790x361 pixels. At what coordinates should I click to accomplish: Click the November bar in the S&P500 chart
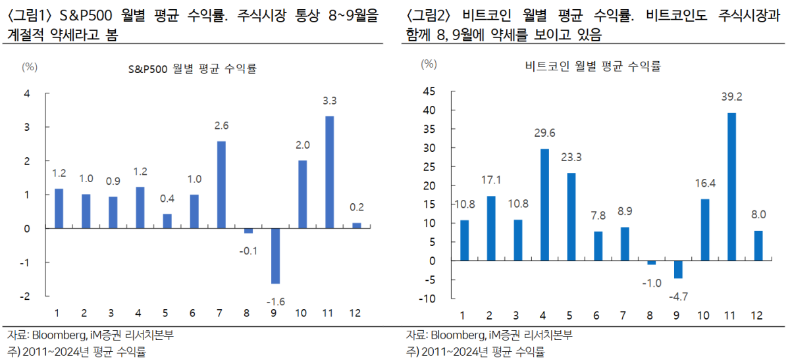pyautogui.click(x=329, y=172)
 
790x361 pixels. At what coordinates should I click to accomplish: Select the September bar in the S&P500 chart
pyautogui.click(x=275, y=256)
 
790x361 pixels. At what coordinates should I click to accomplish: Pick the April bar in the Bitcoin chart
pyautogui.click(x=544, y=205)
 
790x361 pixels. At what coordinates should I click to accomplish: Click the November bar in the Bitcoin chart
pyautogui.click(x=731, y=187)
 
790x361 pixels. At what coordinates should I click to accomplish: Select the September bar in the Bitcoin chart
pyautogui.click(x=678, y=270)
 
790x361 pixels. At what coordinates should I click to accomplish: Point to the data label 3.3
pyautogui.click(x=329, y=101)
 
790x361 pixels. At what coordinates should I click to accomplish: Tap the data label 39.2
pyautogui.click(x=731, y=96)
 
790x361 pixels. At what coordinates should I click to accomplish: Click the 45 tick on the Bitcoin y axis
pyautogui.click(x=428, y=91)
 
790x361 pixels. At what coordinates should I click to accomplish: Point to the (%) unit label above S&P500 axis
pyautogui.click(x=30, y=66)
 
